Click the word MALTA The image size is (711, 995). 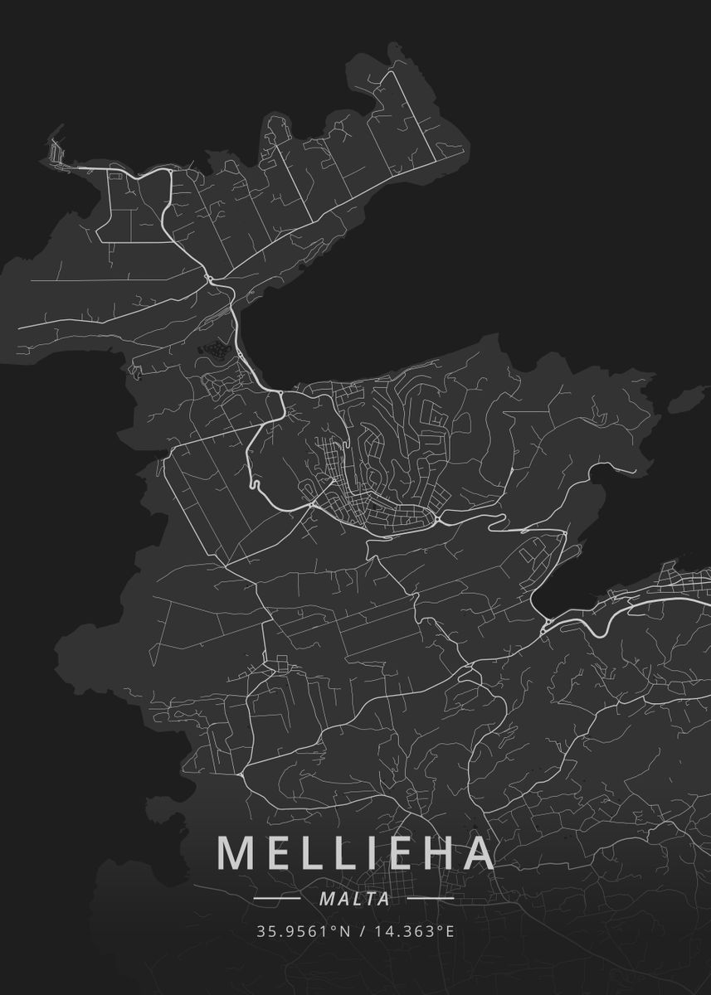pos(355,898)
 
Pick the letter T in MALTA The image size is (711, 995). pos(371,898)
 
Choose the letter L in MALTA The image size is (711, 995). pos(357,898)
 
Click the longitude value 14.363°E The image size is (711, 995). pos(412,931)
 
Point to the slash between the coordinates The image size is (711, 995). pos(360,931)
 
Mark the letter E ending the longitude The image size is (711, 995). pos(450,931)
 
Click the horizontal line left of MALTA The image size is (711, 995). pos(276,898)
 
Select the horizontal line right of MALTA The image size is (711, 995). pos(431,898)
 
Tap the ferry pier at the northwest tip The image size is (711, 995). pos(56,151)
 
